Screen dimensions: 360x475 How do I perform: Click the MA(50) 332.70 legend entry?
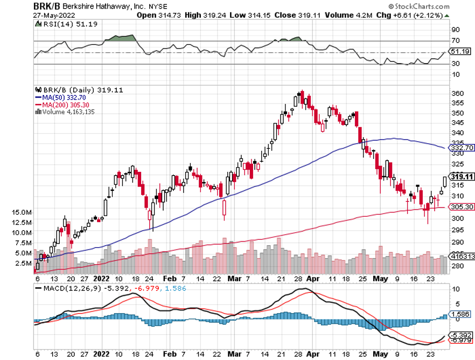(62, 98)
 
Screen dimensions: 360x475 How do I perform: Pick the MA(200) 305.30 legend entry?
(64, 105)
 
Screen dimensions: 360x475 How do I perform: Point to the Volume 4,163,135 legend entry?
(65, 112)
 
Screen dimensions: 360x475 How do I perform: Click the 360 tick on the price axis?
(457, 93)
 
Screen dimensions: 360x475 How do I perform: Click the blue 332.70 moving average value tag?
(462, 147)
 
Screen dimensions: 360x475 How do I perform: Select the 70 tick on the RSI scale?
(455, 40)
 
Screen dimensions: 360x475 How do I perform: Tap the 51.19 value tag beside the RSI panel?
(460, 52)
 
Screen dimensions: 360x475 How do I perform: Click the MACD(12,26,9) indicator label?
(63, 287)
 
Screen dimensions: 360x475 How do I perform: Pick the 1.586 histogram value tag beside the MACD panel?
(460, 314)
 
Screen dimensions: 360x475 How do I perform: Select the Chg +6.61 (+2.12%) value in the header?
(421, 15)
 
